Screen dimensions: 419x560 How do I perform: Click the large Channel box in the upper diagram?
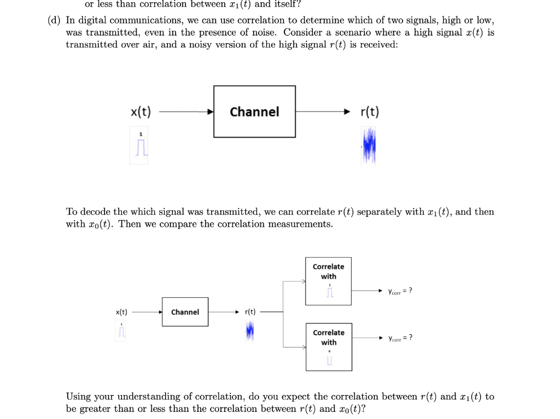[x=254, y=111]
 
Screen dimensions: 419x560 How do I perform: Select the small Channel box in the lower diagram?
[x=185, y=312]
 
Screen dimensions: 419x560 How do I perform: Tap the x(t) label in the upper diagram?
[x=141, y=112]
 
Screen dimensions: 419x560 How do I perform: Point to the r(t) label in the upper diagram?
[x=370, y=112]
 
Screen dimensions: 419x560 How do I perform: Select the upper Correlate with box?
[x=328, y=281]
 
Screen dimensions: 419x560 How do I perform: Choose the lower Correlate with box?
[x=328, y=347]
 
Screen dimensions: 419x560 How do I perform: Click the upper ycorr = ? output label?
[x=400, y=291]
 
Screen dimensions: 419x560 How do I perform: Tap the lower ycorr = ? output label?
[x=400, y=338]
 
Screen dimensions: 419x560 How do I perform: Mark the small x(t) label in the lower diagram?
[x=121, y=312]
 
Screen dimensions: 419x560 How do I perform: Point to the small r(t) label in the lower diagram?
[x=250, y=312]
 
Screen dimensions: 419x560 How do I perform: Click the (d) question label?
[x=54, y=20]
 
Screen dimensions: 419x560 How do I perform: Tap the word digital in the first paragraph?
[x=96, y=20]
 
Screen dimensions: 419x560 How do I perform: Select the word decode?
[x=95, y=211]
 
